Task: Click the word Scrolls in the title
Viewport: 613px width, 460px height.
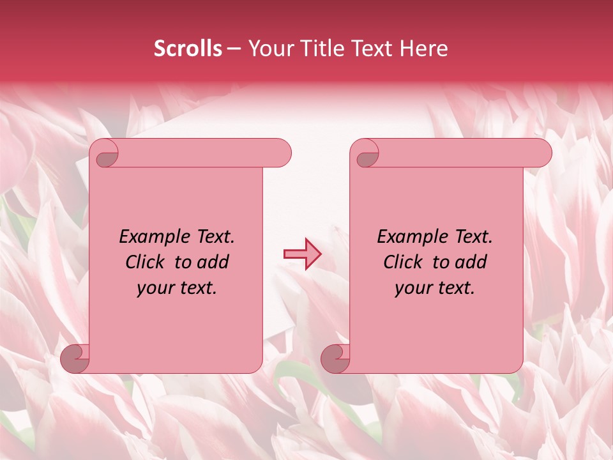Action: click(x=188, y=49)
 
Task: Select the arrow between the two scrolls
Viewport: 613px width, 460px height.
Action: click(x=302, y=254)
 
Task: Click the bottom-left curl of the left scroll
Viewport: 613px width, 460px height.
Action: click(x=75, y=358)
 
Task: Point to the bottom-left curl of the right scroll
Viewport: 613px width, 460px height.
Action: click(x=335, y=358)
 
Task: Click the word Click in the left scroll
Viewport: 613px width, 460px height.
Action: click(x=144, y=262)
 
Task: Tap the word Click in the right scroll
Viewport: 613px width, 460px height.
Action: click(x=402, y=262)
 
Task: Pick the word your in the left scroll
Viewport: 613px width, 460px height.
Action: click(x=153, y=288)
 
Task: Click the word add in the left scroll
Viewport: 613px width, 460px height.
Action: click(x=214, y=262)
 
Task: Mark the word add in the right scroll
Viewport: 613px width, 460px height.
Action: click(x=472, y=262)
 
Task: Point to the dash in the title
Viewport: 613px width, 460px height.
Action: click(x=234, y=49)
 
